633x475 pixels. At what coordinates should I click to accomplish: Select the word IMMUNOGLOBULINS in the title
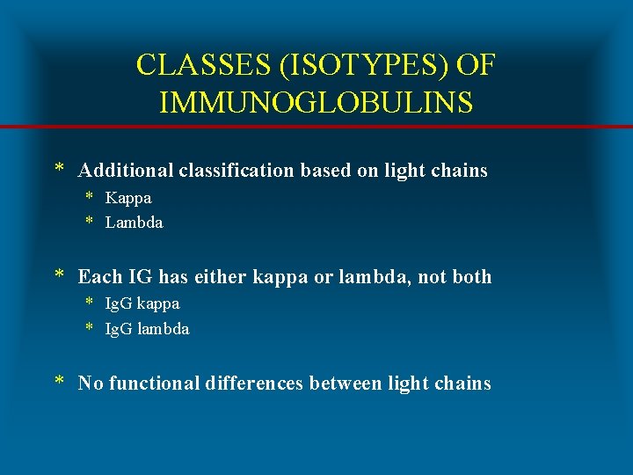pos(316,102)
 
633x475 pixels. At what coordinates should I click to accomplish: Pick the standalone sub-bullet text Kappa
pos(128,198)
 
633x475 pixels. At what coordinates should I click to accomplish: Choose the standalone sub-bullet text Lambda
pos(134,223)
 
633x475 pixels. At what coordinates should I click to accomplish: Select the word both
pos(471,277)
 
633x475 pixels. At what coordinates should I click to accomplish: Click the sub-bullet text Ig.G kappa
pos(142,303)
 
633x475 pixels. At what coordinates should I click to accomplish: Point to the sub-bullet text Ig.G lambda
pos(147,329)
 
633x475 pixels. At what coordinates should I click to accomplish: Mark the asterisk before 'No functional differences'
pos(59,382)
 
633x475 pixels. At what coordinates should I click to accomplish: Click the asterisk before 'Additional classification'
pos(59,169)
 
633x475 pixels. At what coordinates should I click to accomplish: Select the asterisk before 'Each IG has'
pos(59,275)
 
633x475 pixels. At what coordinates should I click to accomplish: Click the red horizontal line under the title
pos(316,128)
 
